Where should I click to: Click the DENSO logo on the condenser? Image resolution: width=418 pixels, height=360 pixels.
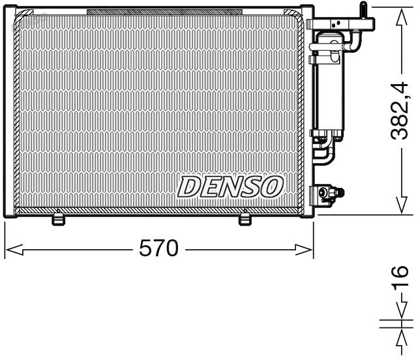[230, 187]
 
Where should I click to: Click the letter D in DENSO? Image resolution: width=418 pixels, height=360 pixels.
[188, 187]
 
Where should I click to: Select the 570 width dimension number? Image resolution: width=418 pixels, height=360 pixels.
[159, 248]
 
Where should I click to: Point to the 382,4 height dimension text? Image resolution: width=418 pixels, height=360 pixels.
[398, 110]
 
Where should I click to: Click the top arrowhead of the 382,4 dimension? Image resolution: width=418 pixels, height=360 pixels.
[398, 15]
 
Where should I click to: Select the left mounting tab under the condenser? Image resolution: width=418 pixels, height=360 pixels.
[59, 219]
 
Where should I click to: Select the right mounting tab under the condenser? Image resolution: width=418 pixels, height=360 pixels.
[245, 219]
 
